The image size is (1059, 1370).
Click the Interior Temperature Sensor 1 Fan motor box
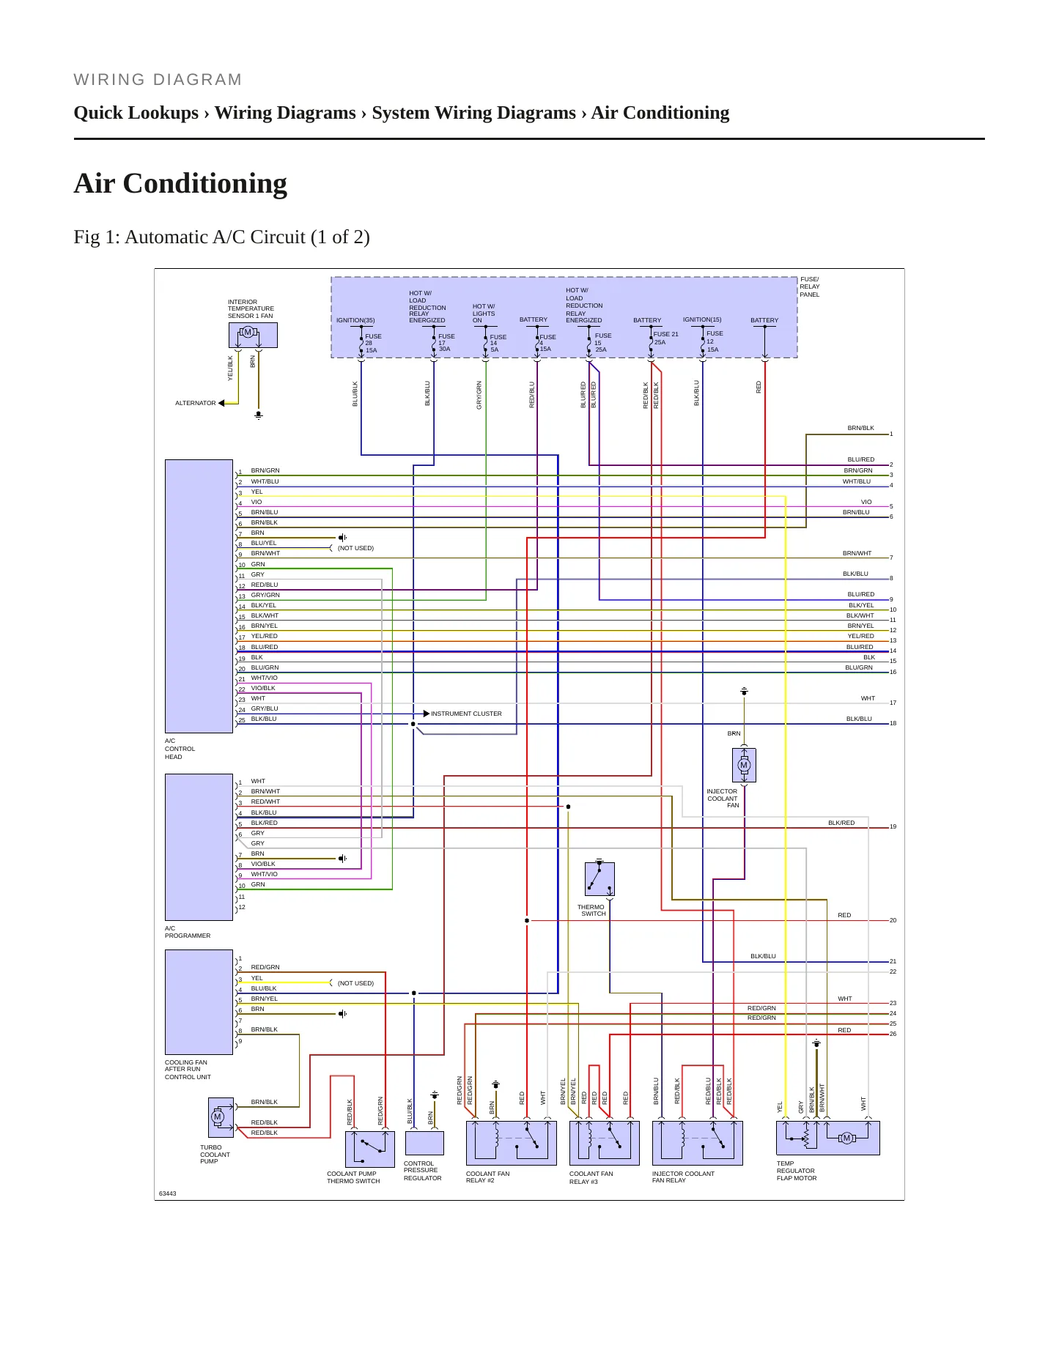(x=253, y=335)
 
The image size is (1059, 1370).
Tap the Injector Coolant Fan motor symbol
(x=744, y=765)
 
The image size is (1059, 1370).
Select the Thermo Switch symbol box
(x=599, y=879)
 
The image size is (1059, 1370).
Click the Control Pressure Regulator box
(x=424, y=1143)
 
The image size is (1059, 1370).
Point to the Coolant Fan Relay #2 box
(x=512, y=1143)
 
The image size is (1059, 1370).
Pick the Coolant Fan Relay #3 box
(x=605, y=1143)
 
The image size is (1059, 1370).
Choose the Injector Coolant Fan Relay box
(x=698, y=1143)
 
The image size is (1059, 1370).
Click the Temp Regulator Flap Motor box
(x=828, y=1138)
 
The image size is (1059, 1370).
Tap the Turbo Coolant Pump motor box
(x=221, y=1117)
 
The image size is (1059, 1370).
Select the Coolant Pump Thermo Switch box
(x=370, y=1149)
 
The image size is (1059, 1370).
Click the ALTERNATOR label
(x=196, y=403)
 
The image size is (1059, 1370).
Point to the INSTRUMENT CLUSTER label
(x=466, y=714)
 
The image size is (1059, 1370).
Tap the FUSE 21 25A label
(x=665, y=338)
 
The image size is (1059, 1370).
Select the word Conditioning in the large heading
(x=214, y=184)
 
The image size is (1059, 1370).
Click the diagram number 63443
(x=168, y=1193)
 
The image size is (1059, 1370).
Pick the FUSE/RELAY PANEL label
(x=810, y=287)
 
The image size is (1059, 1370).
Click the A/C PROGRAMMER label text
(x=188, y=932)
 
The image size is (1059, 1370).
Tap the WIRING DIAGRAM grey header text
(x=158, y=80)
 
